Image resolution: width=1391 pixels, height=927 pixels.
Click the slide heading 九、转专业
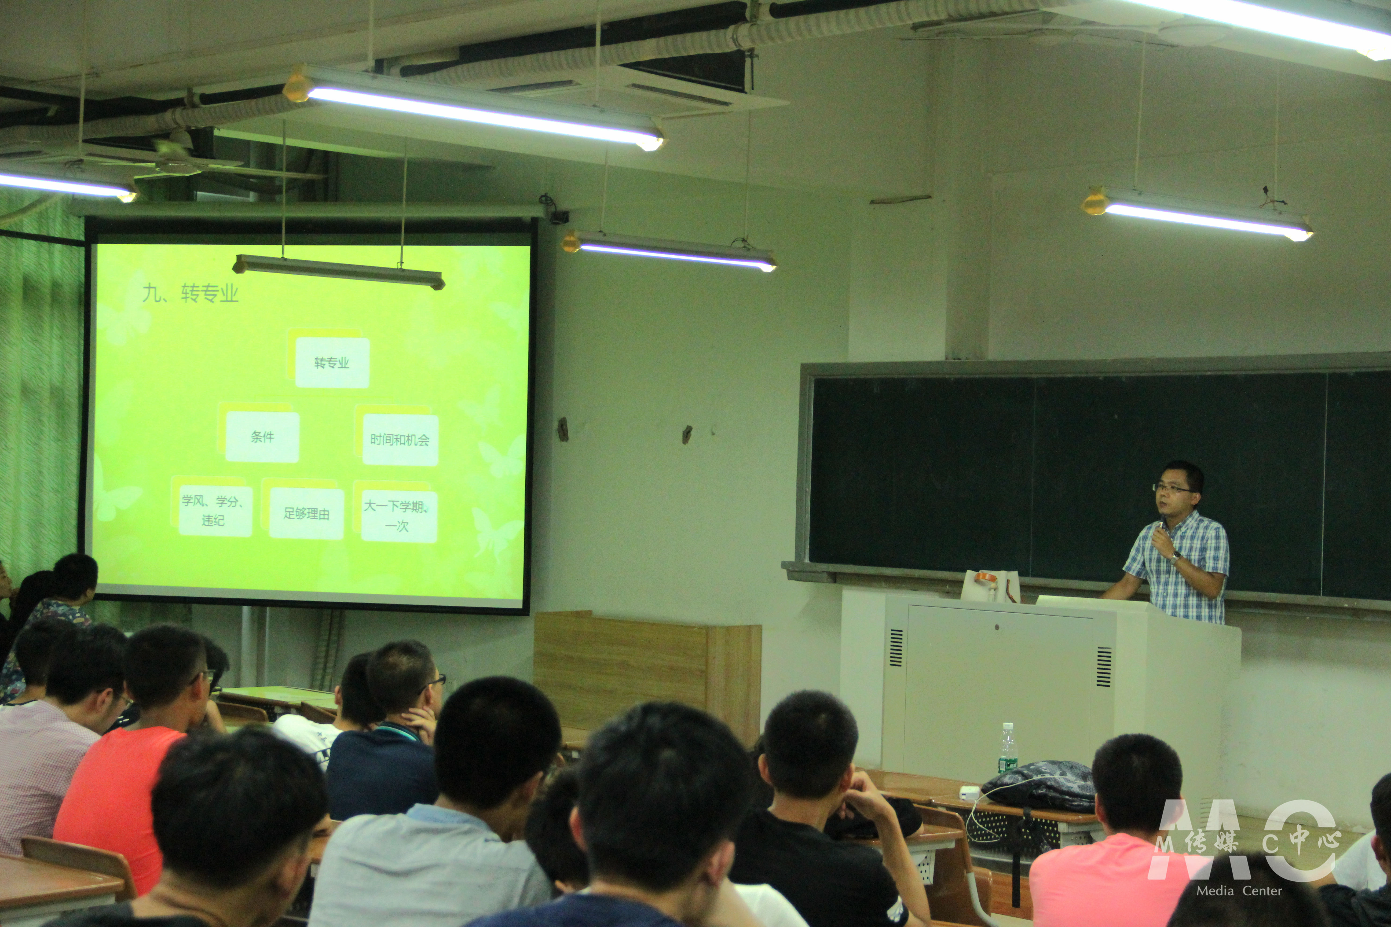click(x=191, y=293)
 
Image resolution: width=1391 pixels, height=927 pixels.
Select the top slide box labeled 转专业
click(x=332, y=362)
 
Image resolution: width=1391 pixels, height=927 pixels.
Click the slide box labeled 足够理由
click(x=306, y=513)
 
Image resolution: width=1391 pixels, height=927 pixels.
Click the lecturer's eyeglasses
click(x=1171, y=488)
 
